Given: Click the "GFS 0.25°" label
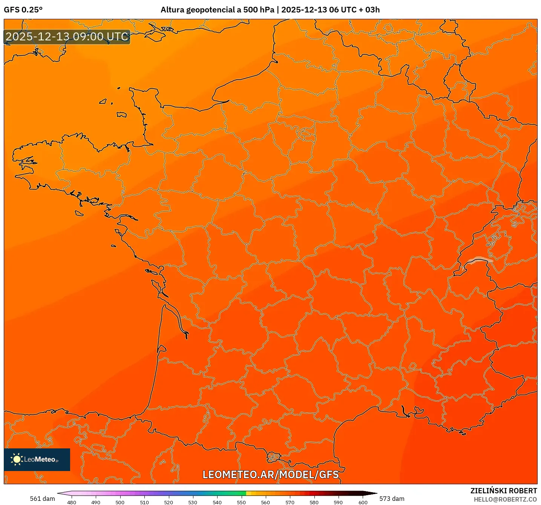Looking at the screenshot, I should [23, 10].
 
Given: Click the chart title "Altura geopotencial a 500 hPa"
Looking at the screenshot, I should [217, 10].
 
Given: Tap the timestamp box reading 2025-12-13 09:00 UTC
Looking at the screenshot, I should [67, 37].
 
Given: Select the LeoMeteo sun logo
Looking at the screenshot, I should [17, 459].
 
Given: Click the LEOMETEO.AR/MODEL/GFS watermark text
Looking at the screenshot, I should [270, 474].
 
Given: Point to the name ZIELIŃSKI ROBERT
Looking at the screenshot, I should [503, 491].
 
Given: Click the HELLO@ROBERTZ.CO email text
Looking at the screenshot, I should [505, 499].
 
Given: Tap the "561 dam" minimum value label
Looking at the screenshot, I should [42, 499].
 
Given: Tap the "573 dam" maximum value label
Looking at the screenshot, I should [392, 499].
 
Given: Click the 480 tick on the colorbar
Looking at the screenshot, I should [71, 502].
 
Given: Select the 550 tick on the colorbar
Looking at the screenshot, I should [241, 502].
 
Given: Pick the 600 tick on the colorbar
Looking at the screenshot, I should [363, 502].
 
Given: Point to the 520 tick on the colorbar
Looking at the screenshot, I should [169, 502].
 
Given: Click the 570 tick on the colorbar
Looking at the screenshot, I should [290, 502].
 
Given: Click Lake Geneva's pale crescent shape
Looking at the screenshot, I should [479, 260].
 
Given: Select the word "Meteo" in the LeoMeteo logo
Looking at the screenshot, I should [46, 459].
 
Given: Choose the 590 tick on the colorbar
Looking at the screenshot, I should [338, 502].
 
